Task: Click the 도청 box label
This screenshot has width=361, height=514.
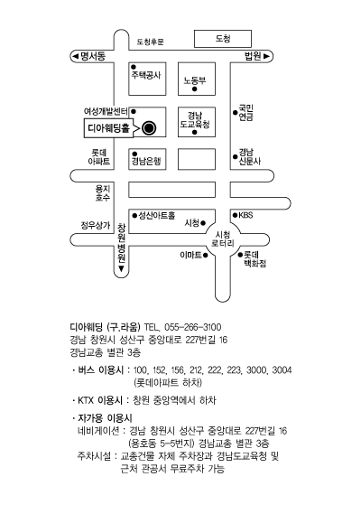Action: [223, 39]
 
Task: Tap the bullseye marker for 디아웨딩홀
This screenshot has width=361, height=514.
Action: [149, 128]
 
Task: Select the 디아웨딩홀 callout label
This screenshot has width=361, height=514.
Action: [109, 128]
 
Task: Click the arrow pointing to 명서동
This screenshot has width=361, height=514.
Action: [75, 56]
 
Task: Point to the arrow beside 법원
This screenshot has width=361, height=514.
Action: [266, 56]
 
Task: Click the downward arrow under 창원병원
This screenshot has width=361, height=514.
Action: [122, 269]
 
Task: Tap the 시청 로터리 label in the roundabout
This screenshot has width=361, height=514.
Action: [223, 239]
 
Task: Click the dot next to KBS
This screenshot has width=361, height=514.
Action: [235, 215]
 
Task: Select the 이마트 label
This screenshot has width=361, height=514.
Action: [190, 255]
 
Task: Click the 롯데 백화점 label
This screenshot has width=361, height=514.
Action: [255, 259]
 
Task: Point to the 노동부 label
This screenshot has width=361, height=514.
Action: [195, 80]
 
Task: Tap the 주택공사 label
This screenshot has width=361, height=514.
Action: [146, 75]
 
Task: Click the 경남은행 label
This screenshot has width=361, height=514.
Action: [146, 162]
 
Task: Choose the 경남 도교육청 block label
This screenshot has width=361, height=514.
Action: [195, 120]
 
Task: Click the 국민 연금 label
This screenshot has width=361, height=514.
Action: [246, 113]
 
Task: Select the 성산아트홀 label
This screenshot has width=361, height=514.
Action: [157, 215]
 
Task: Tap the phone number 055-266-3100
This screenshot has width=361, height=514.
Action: [193, 327]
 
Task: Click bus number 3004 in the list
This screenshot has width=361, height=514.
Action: [282, 370]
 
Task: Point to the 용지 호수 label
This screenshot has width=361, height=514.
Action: [103, 193]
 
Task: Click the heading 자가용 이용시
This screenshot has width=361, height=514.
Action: [105, 418]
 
